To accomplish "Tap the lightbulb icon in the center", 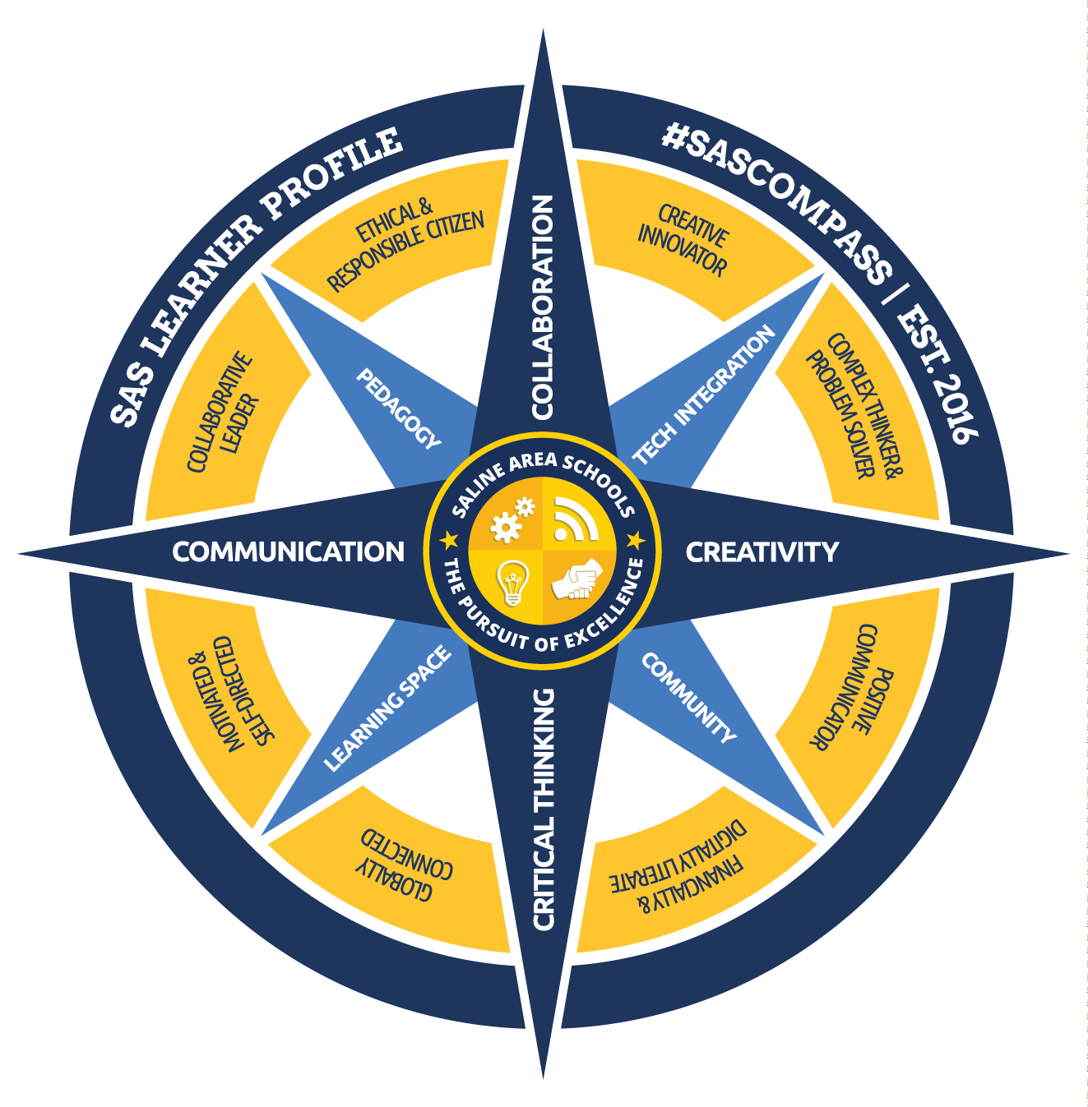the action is click(512, 582).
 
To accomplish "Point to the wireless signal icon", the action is click(575, 520).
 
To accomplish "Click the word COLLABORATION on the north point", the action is click(543, 307).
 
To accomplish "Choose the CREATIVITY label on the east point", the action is click(762, 552).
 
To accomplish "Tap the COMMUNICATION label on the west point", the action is click(288, 552).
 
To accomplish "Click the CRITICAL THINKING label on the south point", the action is click(544, 809).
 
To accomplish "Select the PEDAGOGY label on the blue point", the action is click(399, 408).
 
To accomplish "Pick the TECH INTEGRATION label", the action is click(704, 394).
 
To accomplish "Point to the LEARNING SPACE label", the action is click(388, 708).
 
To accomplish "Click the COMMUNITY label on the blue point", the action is click(689, 698).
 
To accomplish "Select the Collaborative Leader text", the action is click(222, 413).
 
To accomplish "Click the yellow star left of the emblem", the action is click(449, 540).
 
